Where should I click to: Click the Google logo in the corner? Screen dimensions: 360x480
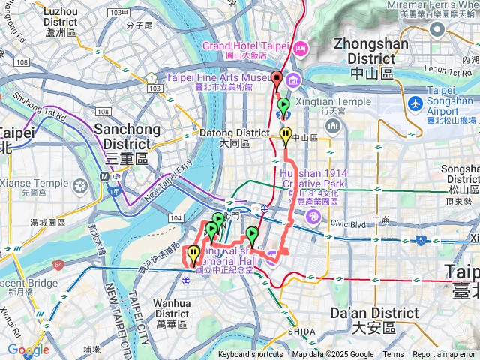tap(28, 349)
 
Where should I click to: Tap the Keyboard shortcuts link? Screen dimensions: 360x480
tap(250, 355)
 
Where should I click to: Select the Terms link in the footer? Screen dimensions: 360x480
tap(393, 355)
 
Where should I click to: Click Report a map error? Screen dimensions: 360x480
tap(444, 355)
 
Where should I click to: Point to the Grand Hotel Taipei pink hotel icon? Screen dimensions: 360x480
tap(301, 49)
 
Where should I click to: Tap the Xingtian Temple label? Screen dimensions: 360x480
tap(325, 102)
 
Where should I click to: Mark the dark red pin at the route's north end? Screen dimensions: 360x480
tap(277, 79)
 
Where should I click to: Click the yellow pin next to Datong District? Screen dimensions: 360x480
tap(286, 135)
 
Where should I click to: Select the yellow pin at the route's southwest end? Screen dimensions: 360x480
tap(193, 253)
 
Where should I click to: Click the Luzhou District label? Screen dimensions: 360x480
tap(60, 18)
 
